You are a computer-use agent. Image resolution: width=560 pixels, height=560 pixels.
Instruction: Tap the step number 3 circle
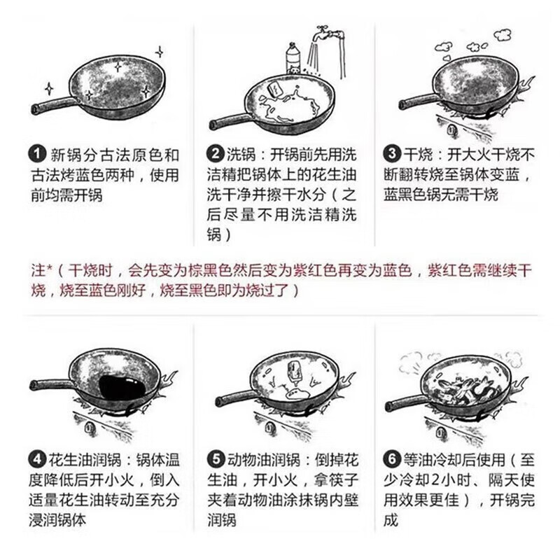pyautogui.click(x=392, y=153)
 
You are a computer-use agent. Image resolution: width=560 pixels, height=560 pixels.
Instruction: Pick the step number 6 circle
pyautogui.click(x=392, y=460)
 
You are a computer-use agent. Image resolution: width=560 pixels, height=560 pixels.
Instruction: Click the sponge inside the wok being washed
pyautogui.click(x=274, y=91)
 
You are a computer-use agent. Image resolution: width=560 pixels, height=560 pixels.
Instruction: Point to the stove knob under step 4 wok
pyautogui.click(x=88, y=424)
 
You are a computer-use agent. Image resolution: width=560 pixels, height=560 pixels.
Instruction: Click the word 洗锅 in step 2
pyautogui.click(x=238, y=153)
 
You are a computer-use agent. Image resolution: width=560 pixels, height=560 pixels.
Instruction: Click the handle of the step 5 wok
pyautogui.click(x=234, y=400)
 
